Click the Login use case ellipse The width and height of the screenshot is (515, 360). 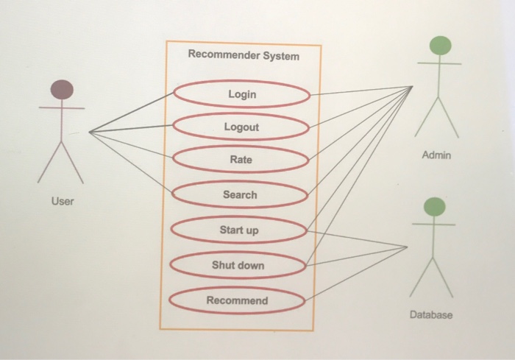[x=241, y=94]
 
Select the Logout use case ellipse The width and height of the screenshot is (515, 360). [x=241, y=127]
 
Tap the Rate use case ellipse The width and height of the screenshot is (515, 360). [x=240, y=160]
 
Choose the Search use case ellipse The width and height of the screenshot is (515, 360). [x=240, y=194]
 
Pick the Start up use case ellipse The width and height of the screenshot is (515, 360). [x=239, y=230]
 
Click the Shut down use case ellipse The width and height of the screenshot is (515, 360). [x=238, y=264]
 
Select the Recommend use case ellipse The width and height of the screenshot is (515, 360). [x=237, y=300]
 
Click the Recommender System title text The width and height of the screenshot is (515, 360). [x=244, y=55]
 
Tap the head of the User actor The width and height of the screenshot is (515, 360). [x=62, y=90]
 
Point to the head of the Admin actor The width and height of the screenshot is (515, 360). [x=439, y=46]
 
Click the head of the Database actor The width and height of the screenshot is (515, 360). [x=435, y=206]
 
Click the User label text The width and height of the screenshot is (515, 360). [x=63, y=201]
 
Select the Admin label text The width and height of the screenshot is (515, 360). [x=437, y=156]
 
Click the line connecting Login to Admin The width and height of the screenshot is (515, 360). [x=360, y=91]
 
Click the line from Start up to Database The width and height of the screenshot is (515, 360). [x=357, y=239]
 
